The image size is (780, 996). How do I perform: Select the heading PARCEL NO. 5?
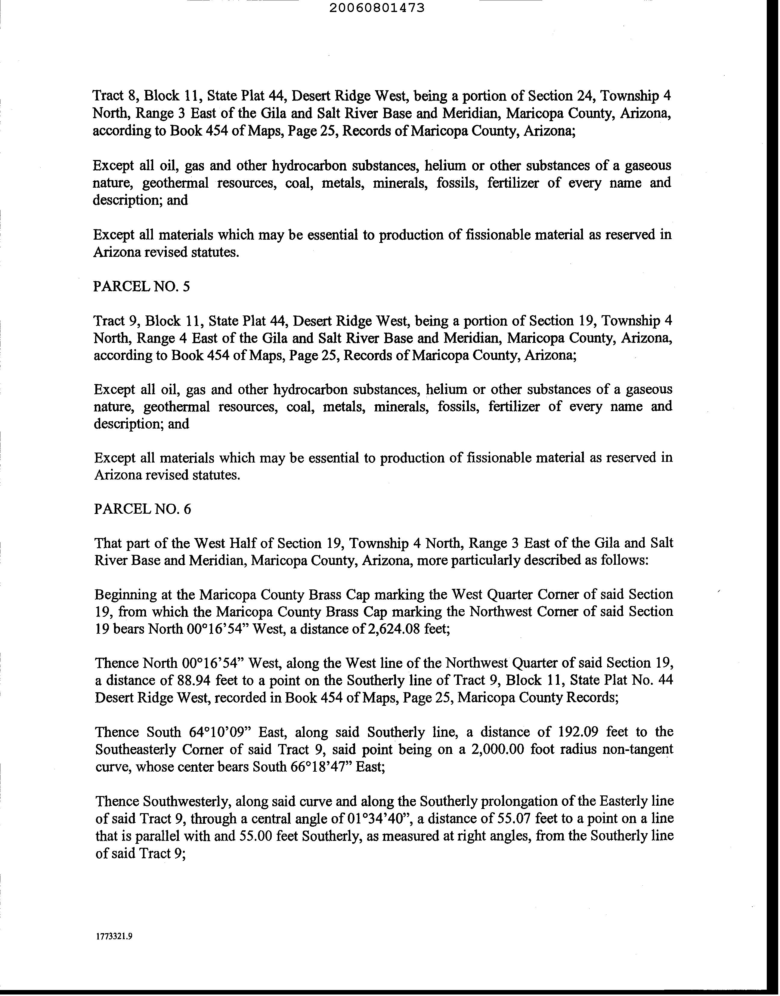[x=141, y=287]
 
